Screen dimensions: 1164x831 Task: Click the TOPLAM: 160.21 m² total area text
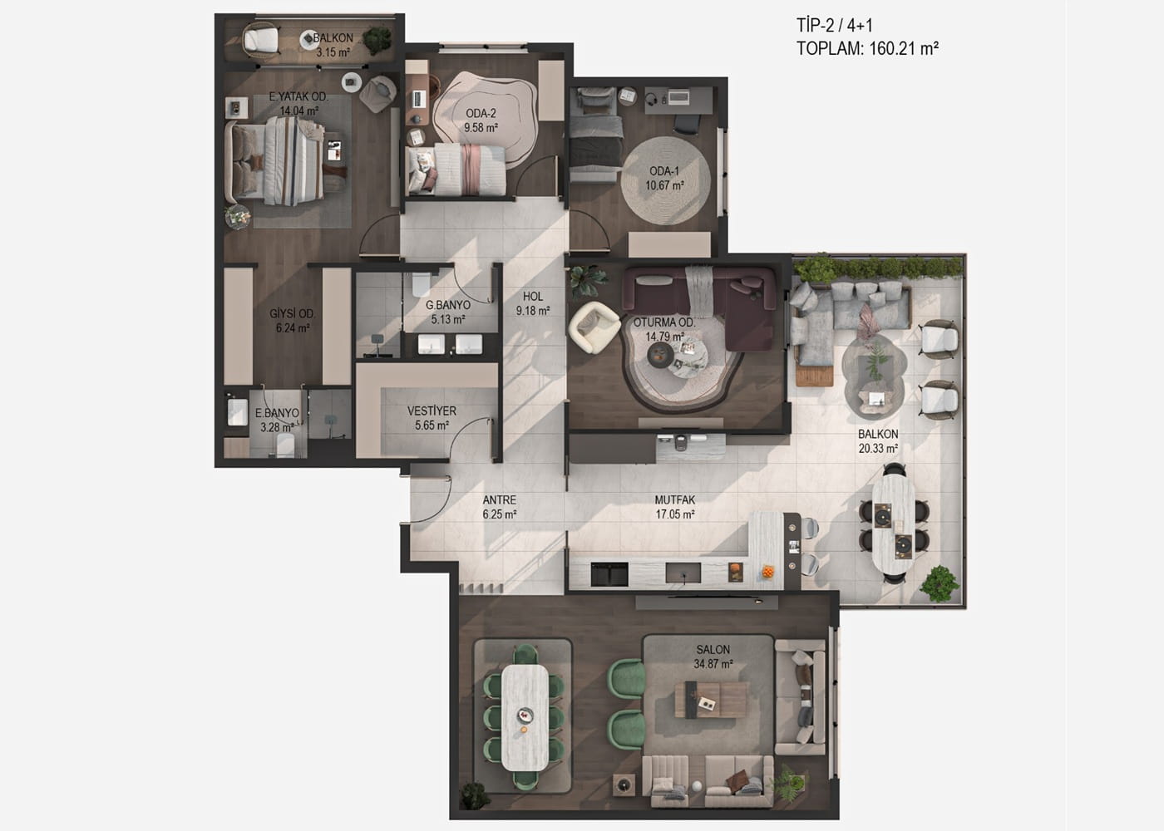coord(867,48)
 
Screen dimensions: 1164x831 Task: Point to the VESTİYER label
coord(432,411)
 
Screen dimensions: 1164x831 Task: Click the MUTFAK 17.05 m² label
coord(675,507)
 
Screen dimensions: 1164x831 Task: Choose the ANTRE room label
coord(500,499)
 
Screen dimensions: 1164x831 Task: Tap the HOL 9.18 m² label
coord(533,303)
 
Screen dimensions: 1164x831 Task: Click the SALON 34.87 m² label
coord(713,656)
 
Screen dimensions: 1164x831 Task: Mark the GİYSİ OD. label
coord(292,314)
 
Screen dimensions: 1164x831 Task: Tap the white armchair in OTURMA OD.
coord(594,327)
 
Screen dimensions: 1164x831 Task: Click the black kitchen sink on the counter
coord(609,573)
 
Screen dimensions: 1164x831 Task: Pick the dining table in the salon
coord(525,718)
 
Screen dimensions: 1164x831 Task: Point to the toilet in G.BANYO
coord(421,284)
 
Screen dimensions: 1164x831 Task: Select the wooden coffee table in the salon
coord(711,700)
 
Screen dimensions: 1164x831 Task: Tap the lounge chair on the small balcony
coord(261,40)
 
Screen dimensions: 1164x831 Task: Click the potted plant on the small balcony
coord(377,40)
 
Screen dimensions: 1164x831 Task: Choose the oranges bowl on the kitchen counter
coord(767,573)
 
